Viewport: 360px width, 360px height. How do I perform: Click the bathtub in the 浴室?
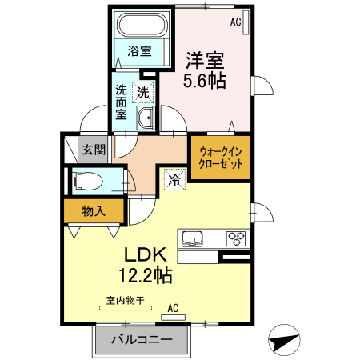(x=142, y=26)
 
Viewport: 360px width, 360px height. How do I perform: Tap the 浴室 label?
(x=140, y=52)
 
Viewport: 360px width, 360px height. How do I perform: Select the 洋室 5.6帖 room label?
(x=205, y=70)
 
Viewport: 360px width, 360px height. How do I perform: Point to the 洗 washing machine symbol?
(x=142, y=92)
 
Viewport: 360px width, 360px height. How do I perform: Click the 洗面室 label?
(x=120, y=102)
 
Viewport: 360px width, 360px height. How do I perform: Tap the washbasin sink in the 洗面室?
(x=146, y=120)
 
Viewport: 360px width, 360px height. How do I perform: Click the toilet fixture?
(x=83, y=181)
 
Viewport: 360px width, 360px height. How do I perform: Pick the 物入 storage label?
(x=94, y=211)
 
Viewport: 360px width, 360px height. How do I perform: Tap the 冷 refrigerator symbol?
(x=174, y=179)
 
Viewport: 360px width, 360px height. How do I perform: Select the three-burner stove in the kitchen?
(x=237, y=237)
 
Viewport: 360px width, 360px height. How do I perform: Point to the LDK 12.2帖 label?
(x=146, y=265)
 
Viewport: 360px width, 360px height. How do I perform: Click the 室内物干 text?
(x=126, y=300)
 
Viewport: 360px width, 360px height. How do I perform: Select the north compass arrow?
(x=285, y=342)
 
